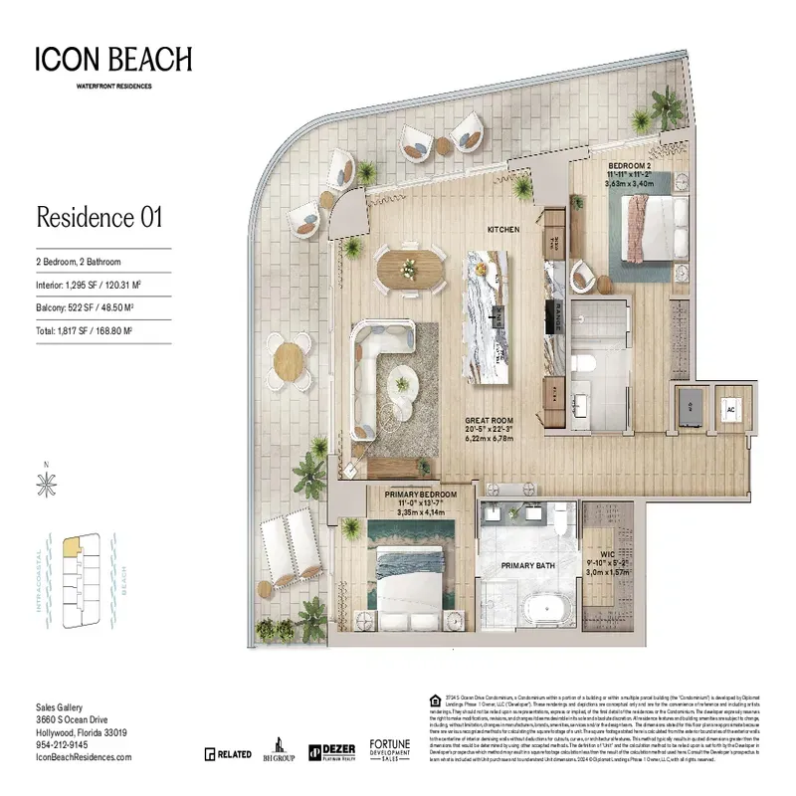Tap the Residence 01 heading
(x=99, y=216)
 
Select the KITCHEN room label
(x=502, y=230)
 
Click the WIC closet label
(x=608, y=555)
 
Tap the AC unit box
(x=730, y=407)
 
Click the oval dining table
(x=410, y=268)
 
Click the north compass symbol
(x=45, y=485)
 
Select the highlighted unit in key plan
(x=72, y=546)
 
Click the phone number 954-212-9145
(x=61, y=744)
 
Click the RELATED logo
(x=228, y=754)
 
